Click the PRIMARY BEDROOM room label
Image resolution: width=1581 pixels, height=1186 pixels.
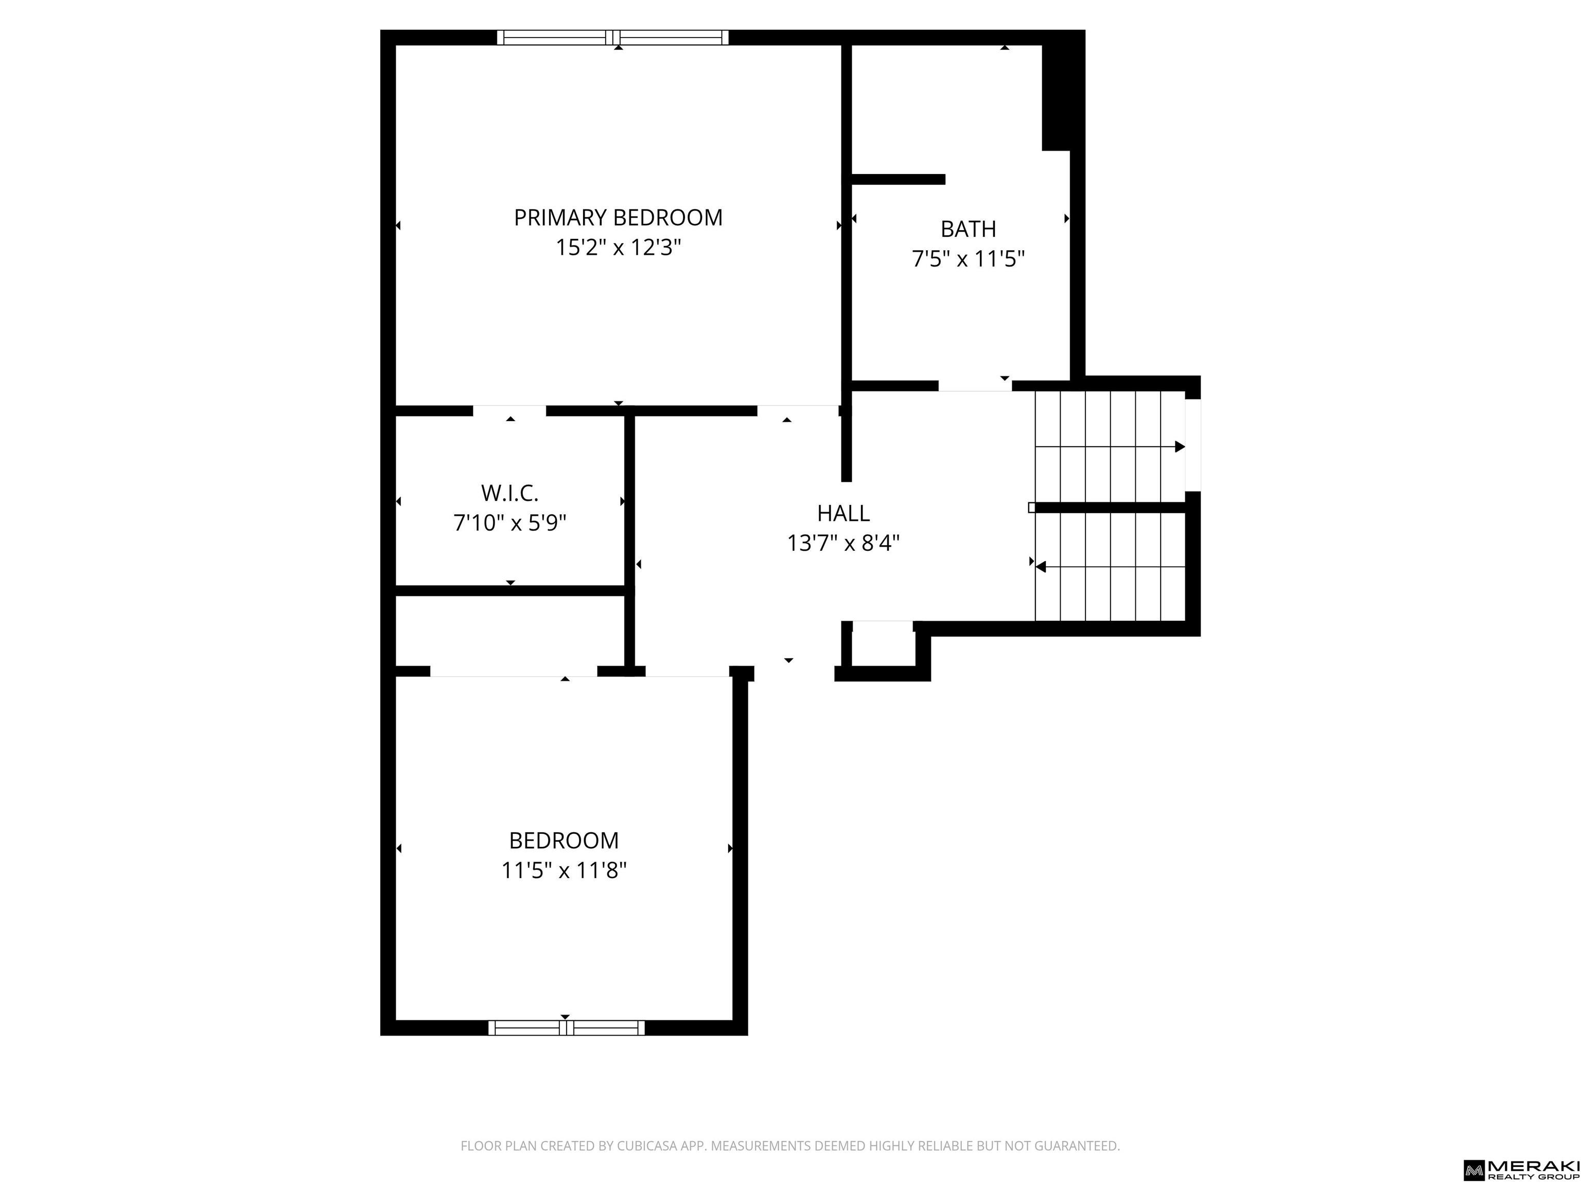click(618, 217)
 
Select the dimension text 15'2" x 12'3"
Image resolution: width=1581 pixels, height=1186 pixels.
click(618, 248)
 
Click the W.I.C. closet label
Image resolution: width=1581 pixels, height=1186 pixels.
click(510, 493)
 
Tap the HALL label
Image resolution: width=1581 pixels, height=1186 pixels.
click(844, 513)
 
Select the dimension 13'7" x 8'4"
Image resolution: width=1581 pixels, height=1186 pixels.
click(844, 543)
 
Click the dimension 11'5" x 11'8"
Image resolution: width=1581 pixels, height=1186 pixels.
click(564, 871)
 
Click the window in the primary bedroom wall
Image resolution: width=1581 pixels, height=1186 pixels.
click(613, 37)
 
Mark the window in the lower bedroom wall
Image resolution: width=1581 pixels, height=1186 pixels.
click(566, 1028)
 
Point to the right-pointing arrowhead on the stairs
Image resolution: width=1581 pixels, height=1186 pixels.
click(1180, 447)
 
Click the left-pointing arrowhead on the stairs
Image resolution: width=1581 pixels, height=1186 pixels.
click(1041, 567)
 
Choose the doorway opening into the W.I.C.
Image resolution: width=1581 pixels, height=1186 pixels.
click(510, 411)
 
